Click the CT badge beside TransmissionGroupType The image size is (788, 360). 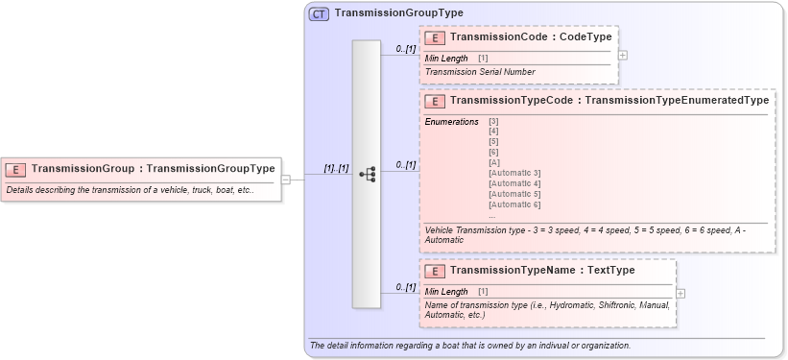click(319, 13)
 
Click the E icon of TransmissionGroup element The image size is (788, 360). click(15, 169)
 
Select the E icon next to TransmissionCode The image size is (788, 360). click(435, 37)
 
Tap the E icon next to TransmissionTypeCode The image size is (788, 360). click(435, 100)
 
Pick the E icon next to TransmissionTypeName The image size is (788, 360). click(435, 271)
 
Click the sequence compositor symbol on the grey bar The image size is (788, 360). click(367, 174)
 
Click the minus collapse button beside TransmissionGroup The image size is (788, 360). click(286, 179)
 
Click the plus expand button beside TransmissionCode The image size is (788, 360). click(623, 55)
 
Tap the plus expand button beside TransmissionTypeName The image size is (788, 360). click(681, 293)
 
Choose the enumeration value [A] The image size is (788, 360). click(494, 161)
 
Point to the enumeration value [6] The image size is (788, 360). click(493, 151)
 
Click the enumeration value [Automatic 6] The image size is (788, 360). click(514, 204)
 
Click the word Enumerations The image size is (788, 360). click(452, 121)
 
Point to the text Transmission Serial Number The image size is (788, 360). click(480, 72)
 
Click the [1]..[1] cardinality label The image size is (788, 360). click(336, 168)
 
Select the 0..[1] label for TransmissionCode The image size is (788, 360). click(406, 48)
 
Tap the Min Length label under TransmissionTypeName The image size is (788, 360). click(446, 292)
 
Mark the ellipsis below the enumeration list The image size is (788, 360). click(492, 215)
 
